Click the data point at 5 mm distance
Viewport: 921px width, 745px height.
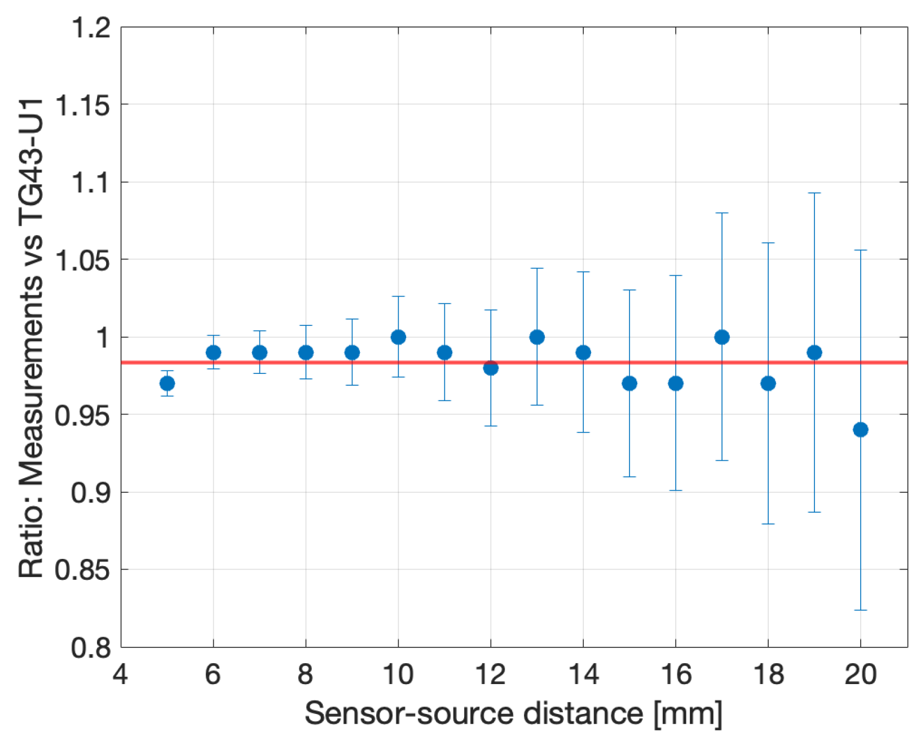[x=167, y=383]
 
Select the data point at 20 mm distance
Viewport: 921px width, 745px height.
[x=860, y=430]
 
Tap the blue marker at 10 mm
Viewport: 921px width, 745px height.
[x=398, y=337]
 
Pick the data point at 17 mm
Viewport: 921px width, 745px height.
[x=722, y=337]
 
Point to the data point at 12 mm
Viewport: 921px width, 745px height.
[x=491, y=368]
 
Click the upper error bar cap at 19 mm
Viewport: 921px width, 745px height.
[x=814, y=193]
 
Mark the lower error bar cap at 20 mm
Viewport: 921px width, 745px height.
[x=860, y=610]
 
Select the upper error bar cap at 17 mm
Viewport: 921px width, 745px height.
[x=722, y=213]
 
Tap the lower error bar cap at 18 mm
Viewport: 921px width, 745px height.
[x=768, y=524]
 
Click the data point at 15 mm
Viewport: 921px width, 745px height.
[x=629, y=383]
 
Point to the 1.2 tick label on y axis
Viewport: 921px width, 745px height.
[x=91, y=27]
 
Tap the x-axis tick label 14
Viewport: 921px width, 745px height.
[x=583, y=674]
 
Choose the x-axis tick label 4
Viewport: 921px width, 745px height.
[x=120, y=674]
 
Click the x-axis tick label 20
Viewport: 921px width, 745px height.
[x=860, y=674]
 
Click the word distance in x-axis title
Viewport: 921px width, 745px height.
[x=583, y=713]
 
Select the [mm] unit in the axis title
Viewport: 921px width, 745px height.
[x=688, y=715]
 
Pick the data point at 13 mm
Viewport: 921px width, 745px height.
[x=537, y=337]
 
